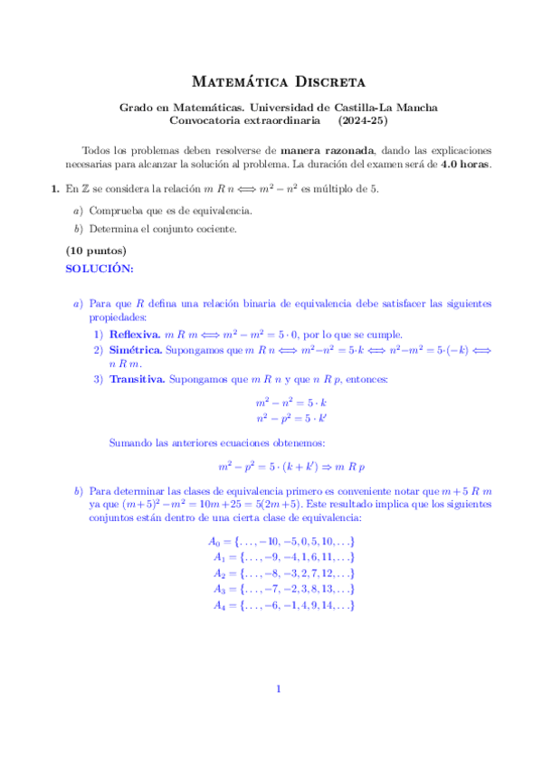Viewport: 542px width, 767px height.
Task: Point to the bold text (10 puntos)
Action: (x=96, y=251)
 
